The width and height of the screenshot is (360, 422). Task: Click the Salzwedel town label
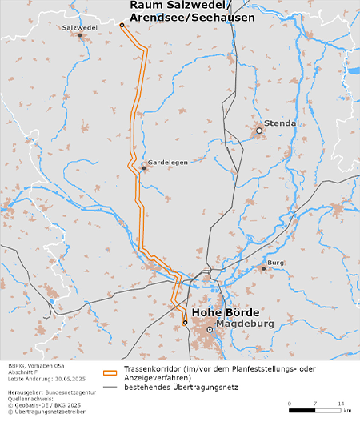79,27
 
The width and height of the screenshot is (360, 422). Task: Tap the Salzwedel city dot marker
80,35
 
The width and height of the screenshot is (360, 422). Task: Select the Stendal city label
282,123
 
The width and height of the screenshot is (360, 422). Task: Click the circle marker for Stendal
259,131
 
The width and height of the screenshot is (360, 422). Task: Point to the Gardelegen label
168,162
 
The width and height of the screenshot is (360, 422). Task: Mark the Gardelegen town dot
144,167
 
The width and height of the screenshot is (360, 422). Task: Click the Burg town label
277,263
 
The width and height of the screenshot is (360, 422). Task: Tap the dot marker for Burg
263,268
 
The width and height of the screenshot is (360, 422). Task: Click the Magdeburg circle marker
210,329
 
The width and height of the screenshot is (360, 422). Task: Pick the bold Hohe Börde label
226,311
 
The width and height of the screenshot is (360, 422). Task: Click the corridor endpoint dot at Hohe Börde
185,323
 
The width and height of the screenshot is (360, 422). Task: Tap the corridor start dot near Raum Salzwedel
122,26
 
